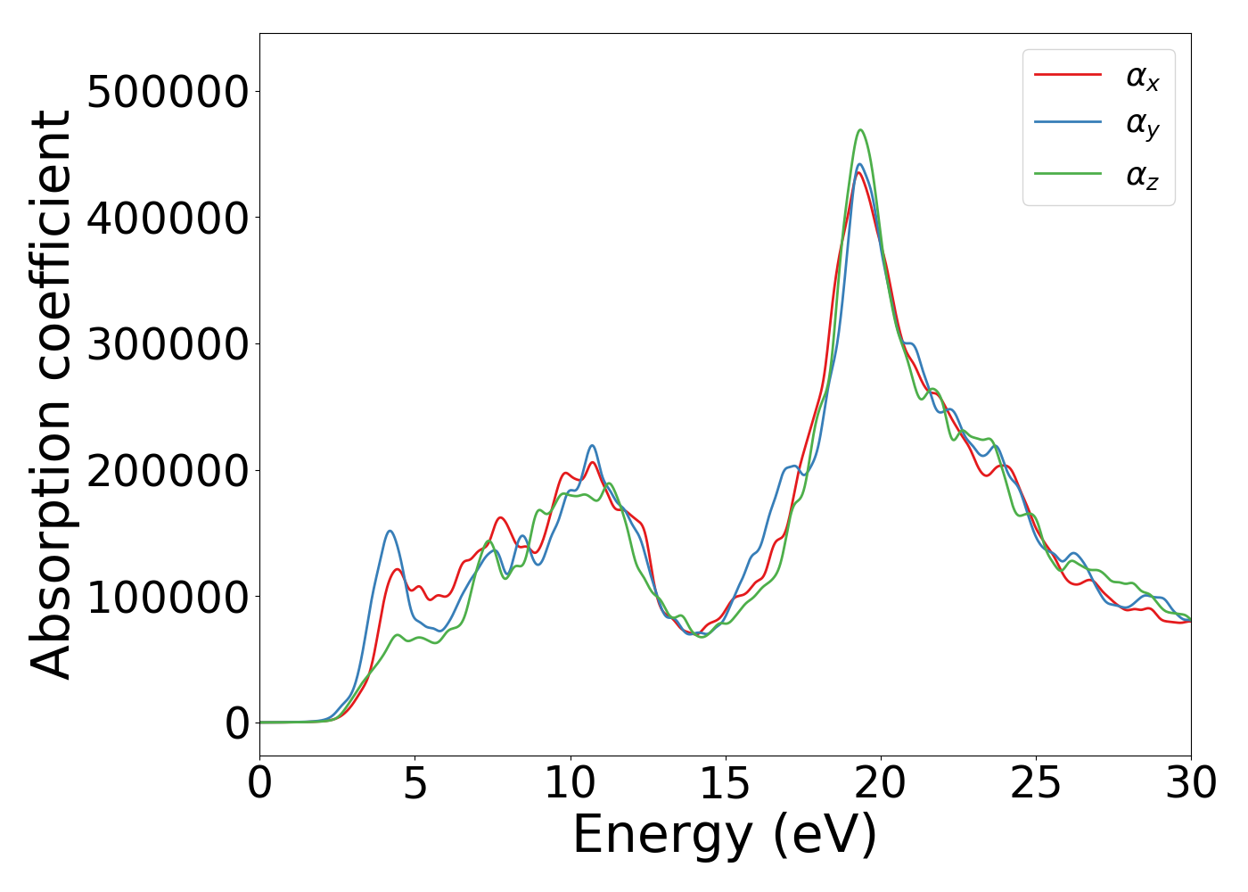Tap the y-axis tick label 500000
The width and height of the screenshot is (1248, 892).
click(x=168, y=92)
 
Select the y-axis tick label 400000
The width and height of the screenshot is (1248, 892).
click(x=168, y=219)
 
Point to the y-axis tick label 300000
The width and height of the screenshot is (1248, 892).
click(x=168, y=344)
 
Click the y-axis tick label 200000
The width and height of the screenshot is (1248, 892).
click(x=168, y=471)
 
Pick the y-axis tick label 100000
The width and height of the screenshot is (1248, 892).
click(x=168, y=597)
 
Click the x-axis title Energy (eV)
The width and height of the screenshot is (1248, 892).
click(x=725, y=836)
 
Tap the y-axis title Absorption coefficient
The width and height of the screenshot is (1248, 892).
click(x=52, y=394)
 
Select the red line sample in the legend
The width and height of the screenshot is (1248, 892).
click(x=1068, y=75)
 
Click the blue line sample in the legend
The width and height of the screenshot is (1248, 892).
click(x=1068, y=124)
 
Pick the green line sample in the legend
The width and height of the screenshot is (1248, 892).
click(x=1068, y=173)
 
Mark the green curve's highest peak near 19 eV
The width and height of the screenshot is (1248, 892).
click(x=861, y=130)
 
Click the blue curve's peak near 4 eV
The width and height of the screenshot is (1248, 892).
click(x=390, y=531)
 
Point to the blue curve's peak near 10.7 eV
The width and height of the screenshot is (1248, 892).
click(x=592, y=445)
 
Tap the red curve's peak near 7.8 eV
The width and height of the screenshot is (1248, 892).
click(x=501, y=517)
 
